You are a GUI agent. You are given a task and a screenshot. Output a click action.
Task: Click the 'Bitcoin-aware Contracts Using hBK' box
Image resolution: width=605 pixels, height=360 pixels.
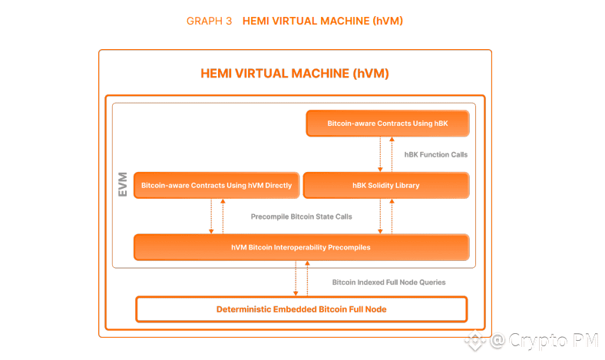tap(387, 123)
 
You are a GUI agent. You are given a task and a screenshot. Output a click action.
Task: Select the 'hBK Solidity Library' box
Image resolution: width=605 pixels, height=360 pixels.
tap(385, 186)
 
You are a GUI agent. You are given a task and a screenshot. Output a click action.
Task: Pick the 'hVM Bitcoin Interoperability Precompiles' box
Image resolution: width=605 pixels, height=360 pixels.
tap(301, 248)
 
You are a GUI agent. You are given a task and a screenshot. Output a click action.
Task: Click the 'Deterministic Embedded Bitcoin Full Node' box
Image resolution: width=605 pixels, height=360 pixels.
tap(301, 309)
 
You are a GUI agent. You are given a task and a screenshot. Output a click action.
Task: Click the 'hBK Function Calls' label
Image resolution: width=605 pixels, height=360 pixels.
tap(435, 154)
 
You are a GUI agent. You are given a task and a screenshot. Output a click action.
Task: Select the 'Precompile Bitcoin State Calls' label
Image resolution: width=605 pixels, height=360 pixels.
tap(301, 217)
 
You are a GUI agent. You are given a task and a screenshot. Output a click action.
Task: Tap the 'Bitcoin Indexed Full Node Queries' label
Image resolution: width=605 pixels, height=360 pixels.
tap(388, 282)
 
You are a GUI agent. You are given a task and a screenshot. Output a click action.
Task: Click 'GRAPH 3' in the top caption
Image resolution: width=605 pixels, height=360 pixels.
tap(209, 21)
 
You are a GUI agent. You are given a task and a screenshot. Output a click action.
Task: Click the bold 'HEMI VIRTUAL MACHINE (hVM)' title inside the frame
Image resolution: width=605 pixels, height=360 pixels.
tap(295, 74)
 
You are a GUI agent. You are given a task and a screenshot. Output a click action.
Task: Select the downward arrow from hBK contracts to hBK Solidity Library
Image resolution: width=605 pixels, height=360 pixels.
tap(380, 154)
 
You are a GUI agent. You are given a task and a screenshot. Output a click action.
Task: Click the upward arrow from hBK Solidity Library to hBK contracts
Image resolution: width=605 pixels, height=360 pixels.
tap(392, 154)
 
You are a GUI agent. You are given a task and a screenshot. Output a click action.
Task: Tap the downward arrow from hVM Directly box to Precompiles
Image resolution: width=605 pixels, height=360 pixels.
tap(211, 216)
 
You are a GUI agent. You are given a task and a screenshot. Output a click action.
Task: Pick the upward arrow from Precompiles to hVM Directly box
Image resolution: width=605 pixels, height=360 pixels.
tap(223, 216)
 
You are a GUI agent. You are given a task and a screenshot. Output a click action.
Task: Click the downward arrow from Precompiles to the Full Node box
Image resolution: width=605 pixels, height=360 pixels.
tap(296, 279)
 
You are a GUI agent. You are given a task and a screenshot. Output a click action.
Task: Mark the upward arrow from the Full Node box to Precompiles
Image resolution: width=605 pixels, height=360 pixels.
tap(307, 279)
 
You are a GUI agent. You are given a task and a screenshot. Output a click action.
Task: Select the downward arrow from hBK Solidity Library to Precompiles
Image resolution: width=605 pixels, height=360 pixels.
tap(380, 216)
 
